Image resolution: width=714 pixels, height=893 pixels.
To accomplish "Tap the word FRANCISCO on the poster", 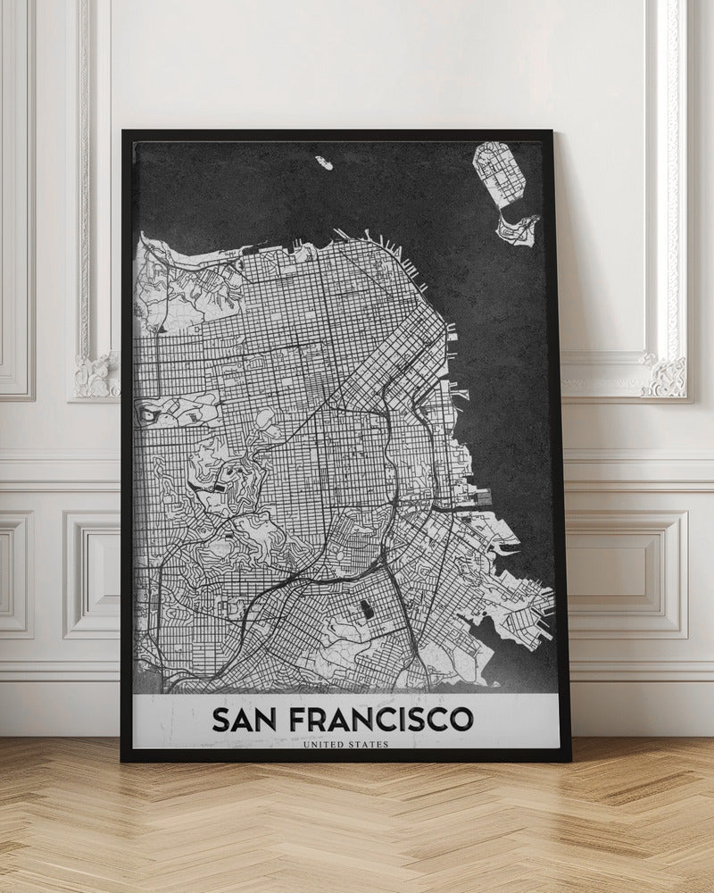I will (385, 719).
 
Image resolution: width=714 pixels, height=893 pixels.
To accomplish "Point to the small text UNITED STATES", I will (345, 745).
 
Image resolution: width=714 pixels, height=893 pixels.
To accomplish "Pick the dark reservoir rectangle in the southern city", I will (364, 613).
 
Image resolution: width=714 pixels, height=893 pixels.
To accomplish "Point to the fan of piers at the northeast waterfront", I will (393, 255).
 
